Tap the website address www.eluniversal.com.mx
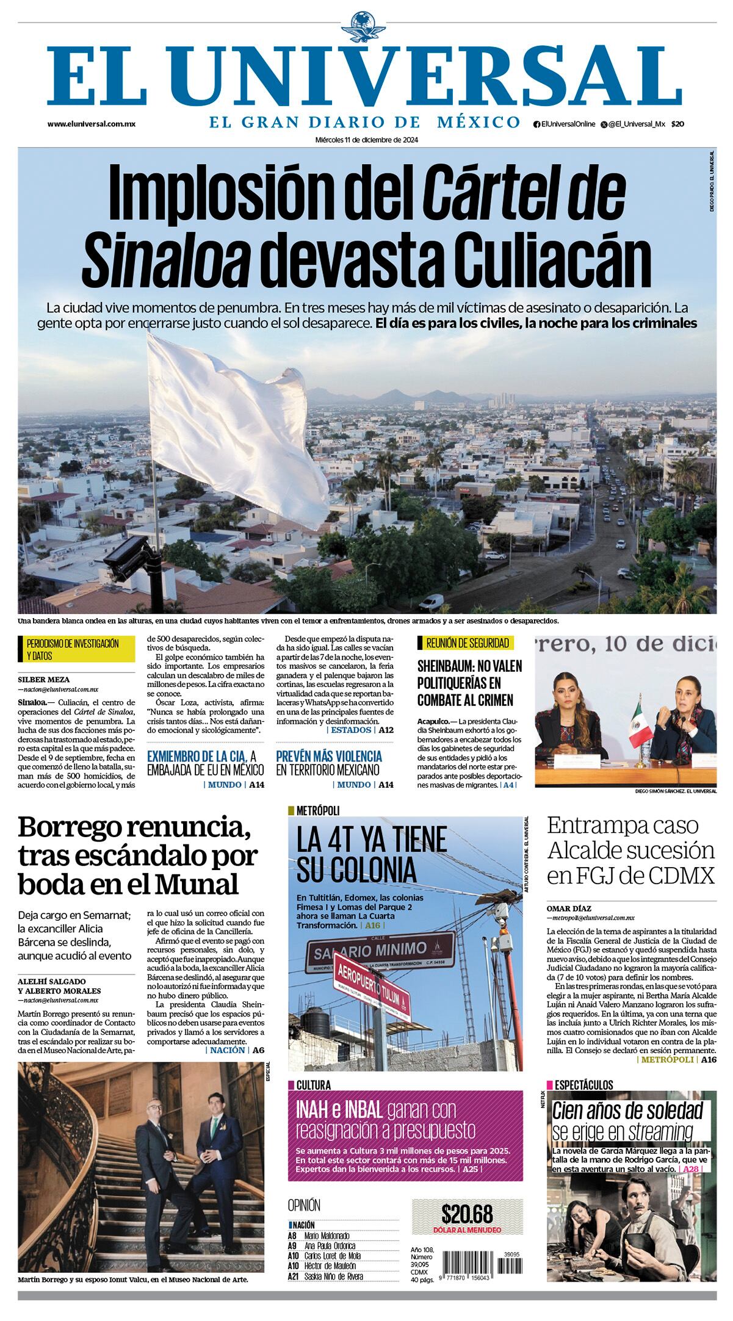[x=92, y=124]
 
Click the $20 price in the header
[x=677, y=124]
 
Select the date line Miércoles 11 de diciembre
[x=366, y=139]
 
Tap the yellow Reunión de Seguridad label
[x=464, y=643]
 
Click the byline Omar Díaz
[x=568, y=908]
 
